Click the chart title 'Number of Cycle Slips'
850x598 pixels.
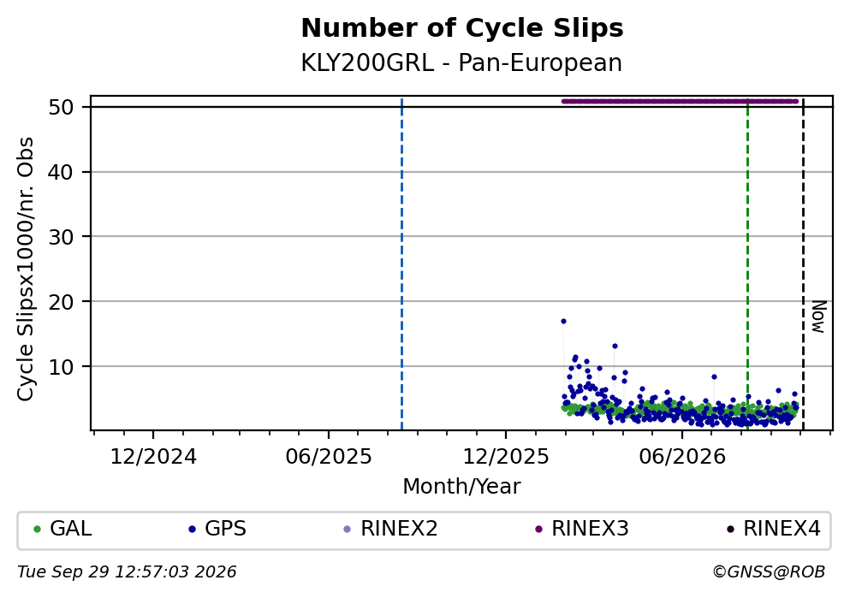click(462, 28)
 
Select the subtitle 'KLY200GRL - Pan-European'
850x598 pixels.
click(461, 62)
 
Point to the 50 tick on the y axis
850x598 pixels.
click(62, 107)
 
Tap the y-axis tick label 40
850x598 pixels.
click(62, 172)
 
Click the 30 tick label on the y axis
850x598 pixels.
click(62, 237)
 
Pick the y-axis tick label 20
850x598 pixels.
click(62, 302)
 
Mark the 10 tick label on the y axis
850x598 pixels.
click(62, 367)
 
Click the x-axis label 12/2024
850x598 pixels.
click(153, 457)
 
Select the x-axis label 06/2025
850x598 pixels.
click(329, 457)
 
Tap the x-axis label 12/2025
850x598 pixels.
click(506, 457)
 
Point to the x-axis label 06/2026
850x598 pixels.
click(682, 457)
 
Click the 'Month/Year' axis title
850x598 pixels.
click(461, 487)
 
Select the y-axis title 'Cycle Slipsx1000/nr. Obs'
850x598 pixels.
click(26, 269)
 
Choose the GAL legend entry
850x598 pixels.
click(62, 529)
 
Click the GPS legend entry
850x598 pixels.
click(217, 529)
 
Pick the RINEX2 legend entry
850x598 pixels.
click(391, 529)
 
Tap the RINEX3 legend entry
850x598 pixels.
click(582, 529)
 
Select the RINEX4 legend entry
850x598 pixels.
click(774, 529)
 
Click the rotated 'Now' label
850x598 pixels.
click(818, 317)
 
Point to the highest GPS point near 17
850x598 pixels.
click(563, 321)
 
